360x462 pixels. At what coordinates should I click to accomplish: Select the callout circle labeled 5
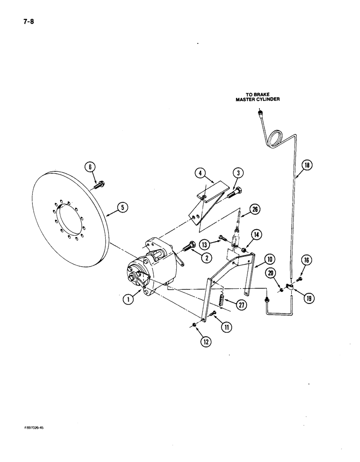point(122,208)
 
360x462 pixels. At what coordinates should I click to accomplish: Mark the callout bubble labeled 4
point(199,174)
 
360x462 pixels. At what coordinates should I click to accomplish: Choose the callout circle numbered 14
point(256,235)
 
